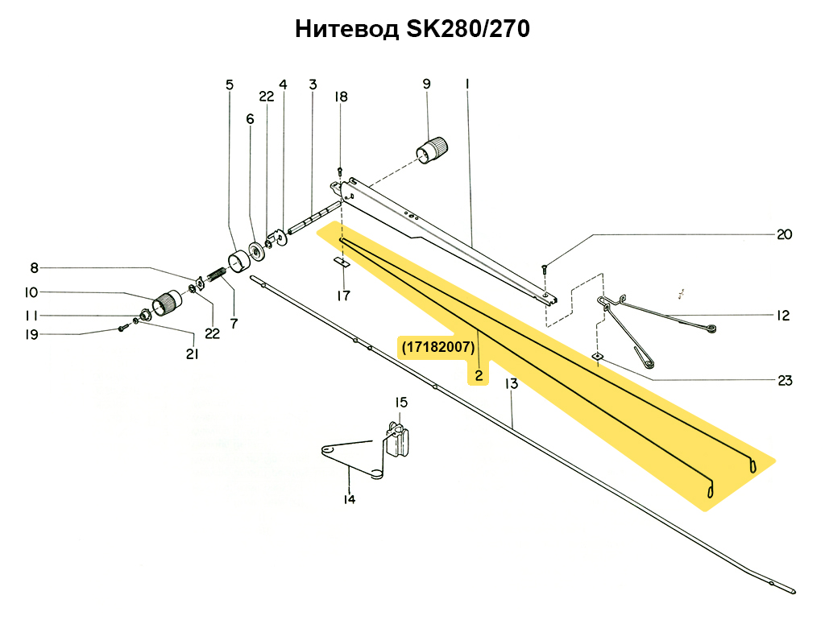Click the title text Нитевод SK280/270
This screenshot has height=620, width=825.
point(412,30)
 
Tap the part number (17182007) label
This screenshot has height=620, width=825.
point(438,347)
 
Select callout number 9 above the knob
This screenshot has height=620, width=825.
point(426,84)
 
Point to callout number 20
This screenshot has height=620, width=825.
point(784,234)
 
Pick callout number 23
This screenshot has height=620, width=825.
point(785,380)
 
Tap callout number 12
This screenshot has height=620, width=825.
point(783,316)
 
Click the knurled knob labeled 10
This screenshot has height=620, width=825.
point(167,303)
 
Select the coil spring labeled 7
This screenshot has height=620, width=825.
point(216,275)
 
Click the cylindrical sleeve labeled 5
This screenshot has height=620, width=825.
point(239,261)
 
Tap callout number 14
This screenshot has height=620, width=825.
point(350,499)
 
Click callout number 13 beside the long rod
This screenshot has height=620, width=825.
point(512,384)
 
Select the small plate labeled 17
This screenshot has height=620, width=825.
point(342,262)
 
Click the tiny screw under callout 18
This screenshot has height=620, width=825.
point(339,171)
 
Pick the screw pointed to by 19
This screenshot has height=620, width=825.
point(122,329)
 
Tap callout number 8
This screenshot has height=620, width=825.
point(34,268)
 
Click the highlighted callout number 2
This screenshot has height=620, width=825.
point(479,375)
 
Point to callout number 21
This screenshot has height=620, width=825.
point(192,354)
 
